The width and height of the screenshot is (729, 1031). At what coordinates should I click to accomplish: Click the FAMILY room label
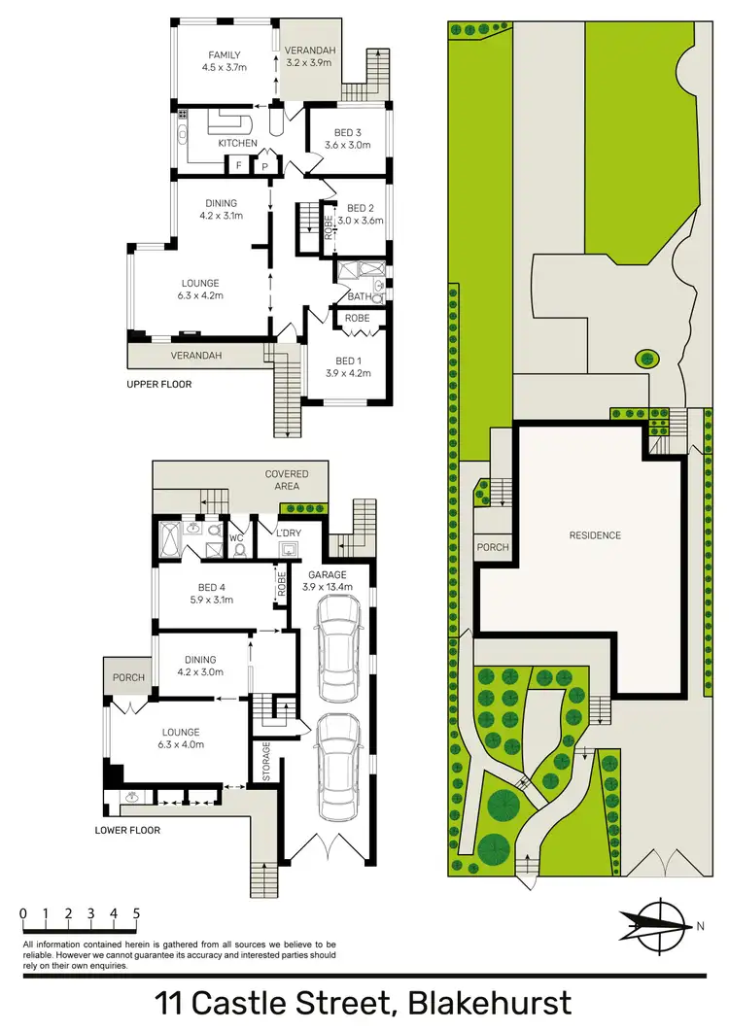(x=223, y=55)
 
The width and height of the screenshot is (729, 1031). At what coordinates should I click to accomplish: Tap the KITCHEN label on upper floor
(x=237, y=144)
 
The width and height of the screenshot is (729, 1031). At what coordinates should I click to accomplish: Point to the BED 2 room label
(x=361, y=208)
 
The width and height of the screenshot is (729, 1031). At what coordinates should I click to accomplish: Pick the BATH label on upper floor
(x=361, y=296)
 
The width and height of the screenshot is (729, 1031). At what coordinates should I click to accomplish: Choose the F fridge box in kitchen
(x=238, y=166)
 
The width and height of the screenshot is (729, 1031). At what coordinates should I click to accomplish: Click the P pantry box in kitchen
(x=264, y=166)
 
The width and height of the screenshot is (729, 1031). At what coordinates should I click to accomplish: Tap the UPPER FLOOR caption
(x=159, y=384)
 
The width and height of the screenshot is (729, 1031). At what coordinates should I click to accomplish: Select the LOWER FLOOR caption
(x=126, y=830)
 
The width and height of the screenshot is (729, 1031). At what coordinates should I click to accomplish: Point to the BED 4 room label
(x=214, y=587)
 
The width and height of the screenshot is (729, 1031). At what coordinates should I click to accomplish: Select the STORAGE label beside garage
(x=265, y=762)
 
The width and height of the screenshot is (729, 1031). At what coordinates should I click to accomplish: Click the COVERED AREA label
(x=287, y=480)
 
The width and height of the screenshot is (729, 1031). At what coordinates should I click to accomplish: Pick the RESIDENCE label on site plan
(x=595, y=535)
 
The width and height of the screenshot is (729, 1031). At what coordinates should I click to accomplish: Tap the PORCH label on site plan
(x=493, y=547)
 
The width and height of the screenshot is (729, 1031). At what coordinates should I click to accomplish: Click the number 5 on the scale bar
(x=136, y=913)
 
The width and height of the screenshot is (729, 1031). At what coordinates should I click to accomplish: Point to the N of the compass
(x=700, y=926)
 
